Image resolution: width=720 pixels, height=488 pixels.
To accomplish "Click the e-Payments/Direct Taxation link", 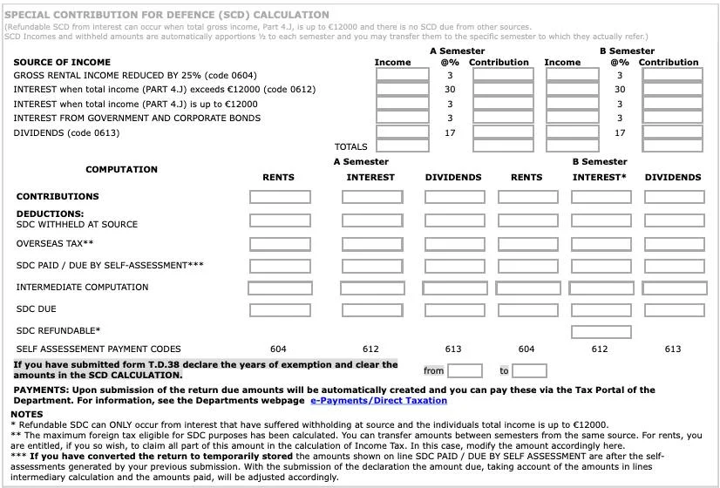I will point(378,401).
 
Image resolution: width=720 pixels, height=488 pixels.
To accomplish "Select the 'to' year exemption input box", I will point(529,371).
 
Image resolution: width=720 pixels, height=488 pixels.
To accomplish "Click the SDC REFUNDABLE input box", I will point(601,331).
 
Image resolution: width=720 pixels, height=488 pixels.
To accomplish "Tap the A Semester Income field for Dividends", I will point(402,132).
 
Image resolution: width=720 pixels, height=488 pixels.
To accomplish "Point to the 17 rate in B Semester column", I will point(620,132).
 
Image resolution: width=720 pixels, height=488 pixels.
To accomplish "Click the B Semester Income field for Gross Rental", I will point(572,75).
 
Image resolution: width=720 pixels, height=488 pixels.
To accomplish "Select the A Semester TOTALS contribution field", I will point(503,147).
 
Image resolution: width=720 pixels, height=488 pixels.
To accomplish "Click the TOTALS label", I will point(350,147).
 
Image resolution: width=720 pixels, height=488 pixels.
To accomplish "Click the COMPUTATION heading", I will point(121,169).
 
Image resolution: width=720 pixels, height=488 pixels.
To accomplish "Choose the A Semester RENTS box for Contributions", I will point(280,197).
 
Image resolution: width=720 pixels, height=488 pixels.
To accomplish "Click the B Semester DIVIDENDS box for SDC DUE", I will point(673,310).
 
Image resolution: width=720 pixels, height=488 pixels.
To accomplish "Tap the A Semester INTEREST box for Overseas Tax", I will point(372,244).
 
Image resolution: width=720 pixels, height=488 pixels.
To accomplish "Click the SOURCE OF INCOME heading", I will point(62,63).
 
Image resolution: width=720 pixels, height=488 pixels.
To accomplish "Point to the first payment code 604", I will point(278,349).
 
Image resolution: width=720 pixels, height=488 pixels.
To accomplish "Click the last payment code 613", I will point(672,349).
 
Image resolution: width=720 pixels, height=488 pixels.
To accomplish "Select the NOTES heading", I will point(26,414).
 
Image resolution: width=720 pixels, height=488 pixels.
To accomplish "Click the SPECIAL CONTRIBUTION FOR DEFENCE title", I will point(166,15).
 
